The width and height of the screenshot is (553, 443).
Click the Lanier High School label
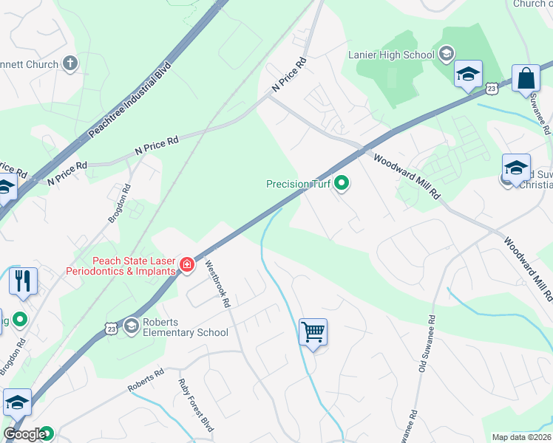coord(391,54)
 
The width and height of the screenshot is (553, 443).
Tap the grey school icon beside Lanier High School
coord(446,53)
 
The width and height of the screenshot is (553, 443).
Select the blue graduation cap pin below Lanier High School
coord(467,75)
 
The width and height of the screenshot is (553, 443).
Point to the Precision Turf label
coord(298,183)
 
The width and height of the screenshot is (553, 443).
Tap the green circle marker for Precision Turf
coord(342,183)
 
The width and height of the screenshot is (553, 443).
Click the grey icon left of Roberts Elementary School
coord(132,326)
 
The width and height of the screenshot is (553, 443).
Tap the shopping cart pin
coord(313,333)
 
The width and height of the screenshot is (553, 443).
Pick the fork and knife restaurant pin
coord(23,281)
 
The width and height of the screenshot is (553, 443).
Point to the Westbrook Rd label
coord(218,284)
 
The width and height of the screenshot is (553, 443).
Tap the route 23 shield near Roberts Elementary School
coord(111,327)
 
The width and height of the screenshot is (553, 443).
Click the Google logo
coord(24,434)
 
